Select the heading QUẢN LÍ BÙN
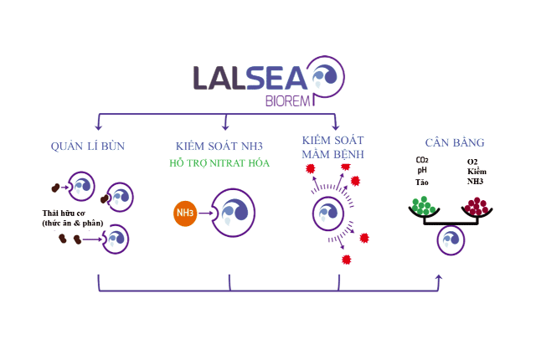87,147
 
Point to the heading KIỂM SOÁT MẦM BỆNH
333,146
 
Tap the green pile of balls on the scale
422,205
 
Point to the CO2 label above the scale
421,161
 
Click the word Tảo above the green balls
421,182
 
